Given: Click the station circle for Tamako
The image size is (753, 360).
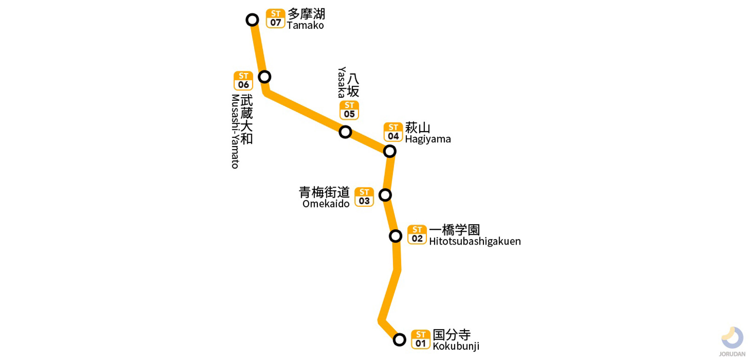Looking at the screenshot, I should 252,20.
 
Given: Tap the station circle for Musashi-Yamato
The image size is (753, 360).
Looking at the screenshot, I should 264,77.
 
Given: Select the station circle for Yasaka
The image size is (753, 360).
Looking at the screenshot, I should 345,132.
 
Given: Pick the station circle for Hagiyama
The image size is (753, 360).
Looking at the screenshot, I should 390,151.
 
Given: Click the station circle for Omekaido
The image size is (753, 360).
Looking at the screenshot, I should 385,195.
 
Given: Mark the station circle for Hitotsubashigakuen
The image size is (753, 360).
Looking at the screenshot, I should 396,236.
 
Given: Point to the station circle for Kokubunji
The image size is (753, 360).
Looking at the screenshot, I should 399,340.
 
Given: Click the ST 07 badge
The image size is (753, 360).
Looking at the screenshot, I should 276,19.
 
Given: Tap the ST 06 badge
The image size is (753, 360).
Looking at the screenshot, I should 243,81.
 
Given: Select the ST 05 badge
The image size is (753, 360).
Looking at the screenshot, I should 349,110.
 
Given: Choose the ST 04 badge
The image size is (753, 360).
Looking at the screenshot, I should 393,132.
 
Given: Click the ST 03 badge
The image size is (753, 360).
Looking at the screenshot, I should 364,197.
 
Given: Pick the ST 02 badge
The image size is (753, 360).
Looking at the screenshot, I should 417,234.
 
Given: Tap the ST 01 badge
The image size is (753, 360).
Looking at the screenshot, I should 421,340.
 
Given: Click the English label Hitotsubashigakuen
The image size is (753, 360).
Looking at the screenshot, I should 475,241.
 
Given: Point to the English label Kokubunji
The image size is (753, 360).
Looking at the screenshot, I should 456,346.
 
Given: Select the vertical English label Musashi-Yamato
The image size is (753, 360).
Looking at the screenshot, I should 235,131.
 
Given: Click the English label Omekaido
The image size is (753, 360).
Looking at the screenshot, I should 326,204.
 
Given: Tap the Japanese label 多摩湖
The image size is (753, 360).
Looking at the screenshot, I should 306,13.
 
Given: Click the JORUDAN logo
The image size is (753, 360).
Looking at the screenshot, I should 732,341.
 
